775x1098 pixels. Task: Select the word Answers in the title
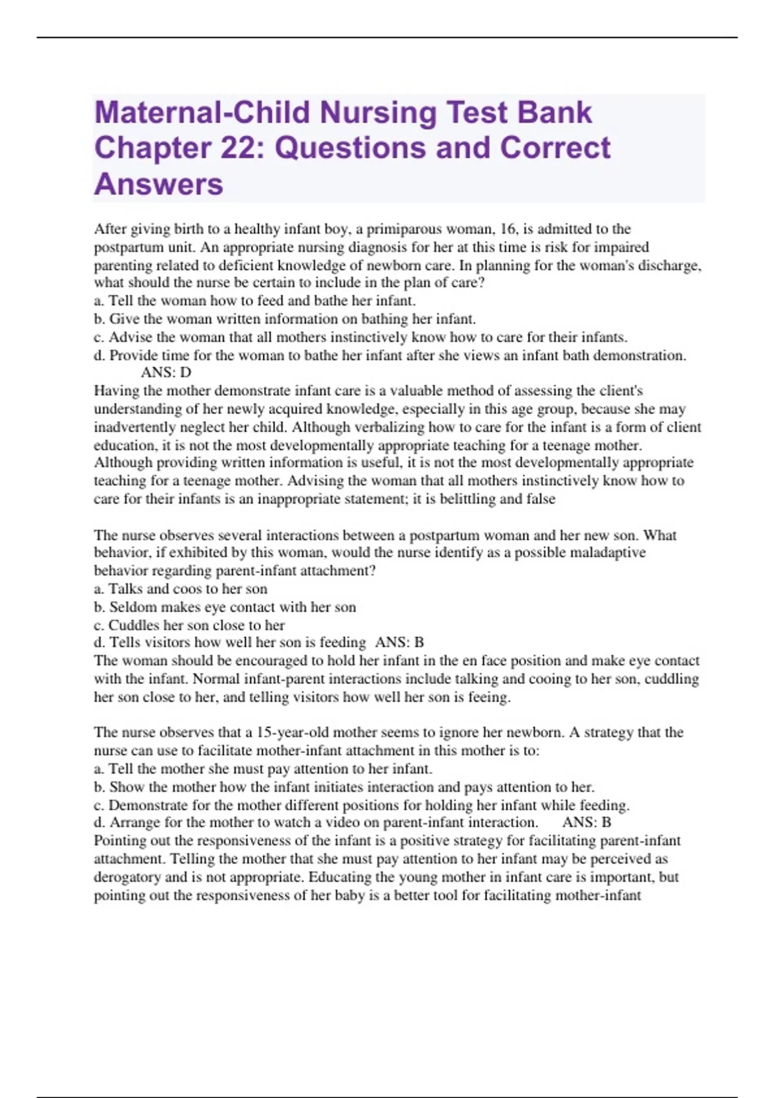pos(159,184)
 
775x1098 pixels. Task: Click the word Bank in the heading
pos(555,112)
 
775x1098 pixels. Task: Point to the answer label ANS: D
pos(166,373)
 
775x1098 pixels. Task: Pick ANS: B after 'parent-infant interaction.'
pos(586,823)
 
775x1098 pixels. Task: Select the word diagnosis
pos(375,247)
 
